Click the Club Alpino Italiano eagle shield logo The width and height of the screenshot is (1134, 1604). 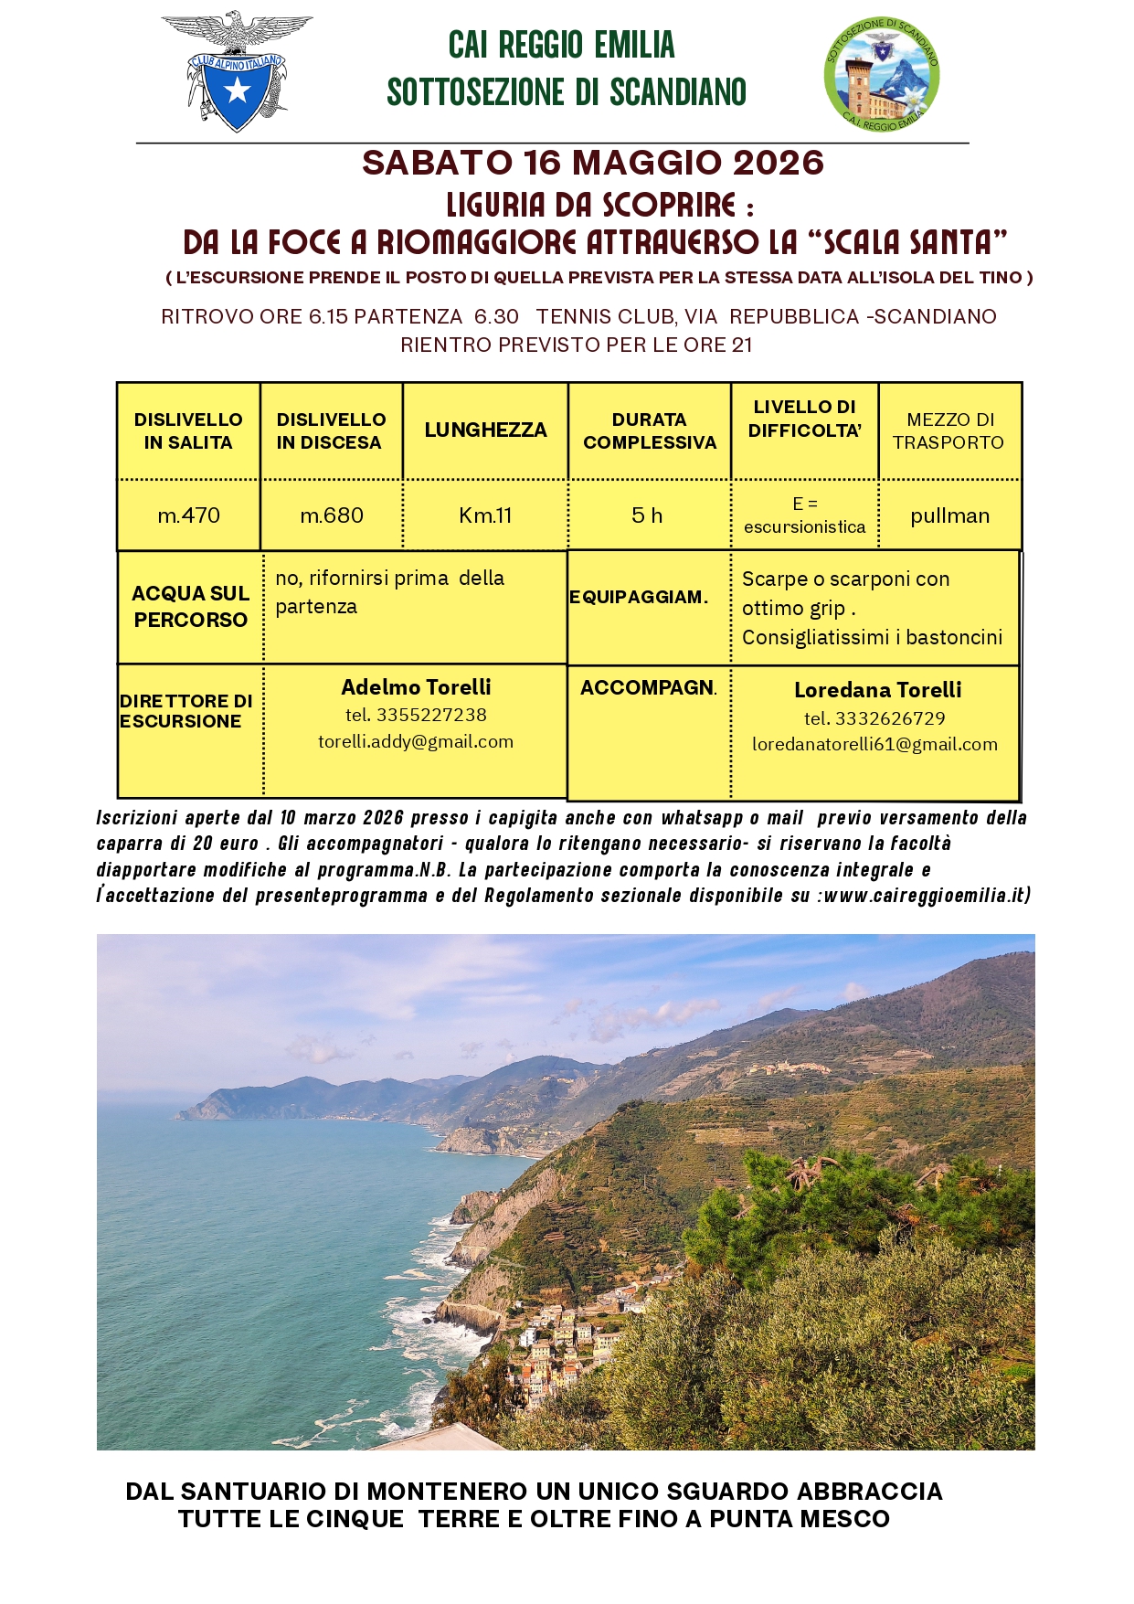[237, 72]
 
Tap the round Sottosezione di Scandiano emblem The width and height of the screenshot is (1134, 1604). [882, 73]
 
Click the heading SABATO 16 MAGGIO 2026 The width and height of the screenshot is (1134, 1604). [593, 163]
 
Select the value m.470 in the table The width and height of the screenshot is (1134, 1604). [189, 515]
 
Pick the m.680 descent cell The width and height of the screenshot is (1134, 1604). [332, 515]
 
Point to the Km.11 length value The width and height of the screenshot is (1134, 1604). [485, 515]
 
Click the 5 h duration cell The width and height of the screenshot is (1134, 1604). [647, 515]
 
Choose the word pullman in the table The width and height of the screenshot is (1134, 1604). [949, 516]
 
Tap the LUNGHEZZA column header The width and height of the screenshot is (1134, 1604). [485, 430]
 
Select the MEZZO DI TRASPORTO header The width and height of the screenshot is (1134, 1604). [949, 431]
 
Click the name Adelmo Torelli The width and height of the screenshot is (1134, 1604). [416, 687]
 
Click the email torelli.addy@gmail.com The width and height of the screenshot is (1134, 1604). [416, 742]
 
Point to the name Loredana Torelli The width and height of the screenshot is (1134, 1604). [877, 691]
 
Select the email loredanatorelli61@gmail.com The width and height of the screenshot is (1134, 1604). [874, 745]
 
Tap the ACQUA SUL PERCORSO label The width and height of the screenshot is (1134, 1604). [190, 607]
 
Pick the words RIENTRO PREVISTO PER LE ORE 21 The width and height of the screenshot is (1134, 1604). [576, 345]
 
